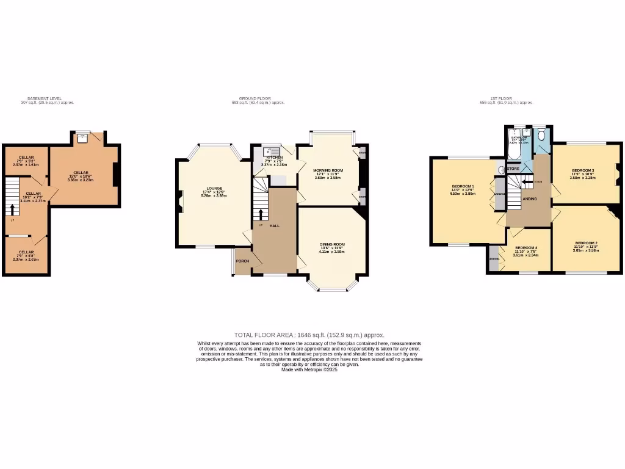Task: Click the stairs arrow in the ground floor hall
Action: click(262, 214)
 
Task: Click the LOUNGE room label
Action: click(214, 188)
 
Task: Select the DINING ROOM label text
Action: click(332, 244)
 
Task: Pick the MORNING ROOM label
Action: click(328, 170)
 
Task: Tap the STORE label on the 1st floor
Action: click(513, 169)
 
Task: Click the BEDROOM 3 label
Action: click(583, 170)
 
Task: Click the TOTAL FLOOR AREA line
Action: click(309, 335)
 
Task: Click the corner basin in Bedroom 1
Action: click(501, 170)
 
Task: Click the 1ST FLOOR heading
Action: click(504, 98)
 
